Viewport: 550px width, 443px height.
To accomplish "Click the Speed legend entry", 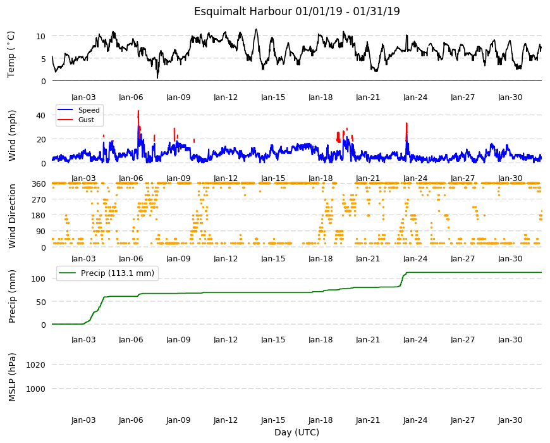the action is tap(89, 110).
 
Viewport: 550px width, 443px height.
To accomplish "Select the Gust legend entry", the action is tap(86, 120).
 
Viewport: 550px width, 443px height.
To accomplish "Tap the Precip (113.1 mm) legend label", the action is tap(118, 273).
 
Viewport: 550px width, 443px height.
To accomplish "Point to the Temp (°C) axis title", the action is tap(11, 54).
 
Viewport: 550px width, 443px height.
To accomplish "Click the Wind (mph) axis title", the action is tap(12, 136).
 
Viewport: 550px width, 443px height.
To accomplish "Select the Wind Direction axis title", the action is tap(12, 216).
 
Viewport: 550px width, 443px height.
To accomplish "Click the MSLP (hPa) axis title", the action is tap(12, 377).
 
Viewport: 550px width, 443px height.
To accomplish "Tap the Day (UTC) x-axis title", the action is tap(296, 432).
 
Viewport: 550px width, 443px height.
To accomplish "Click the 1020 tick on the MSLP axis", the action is tap(36, 365).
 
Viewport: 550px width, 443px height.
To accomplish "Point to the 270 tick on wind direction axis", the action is tap(39, 200).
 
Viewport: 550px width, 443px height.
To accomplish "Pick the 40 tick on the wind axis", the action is tap(40, 115).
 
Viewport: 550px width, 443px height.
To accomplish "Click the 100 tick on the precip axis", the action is tap(39, 278).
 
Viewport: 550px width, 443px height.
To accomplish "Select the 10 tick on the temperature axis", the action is tap(40, 36).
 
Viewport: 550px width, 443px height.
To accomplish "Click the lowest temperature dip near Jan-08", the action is tap(157, 77).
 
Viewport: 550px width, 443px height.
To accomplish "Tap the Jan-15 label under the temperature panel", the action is tap(273, 97).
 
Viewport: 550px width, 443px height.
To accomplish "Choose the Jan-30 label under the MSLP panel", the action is tap(510, 420).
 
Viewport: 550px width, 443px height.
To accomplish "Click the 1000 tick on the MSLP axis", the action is tap(36, 389).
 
